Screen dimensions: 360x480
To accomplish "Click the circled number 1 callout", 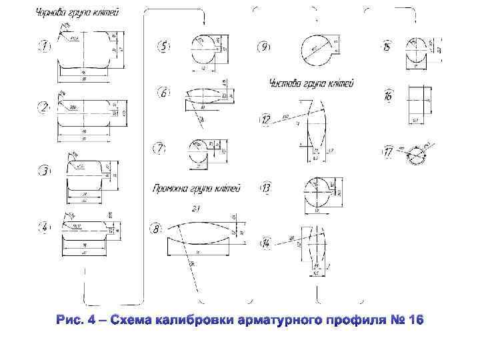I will coord(44,46).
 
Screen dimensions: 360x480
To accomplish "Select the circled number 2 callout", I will coord(44,107).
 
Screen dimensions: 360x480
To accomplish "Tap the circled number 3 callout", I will coord(44,171).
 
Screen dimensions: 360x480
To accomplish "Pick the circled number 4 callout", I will coord(44,227).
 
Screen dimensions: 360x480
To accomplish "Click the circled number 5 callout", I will coord(164,46).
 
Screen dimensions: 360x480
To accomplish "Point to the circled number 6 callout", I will coord(164,93).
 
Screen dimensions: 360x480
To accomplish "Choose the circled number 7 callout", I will coord(160,149).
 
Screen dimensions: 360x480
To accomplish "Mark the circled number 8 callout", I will coord(157,229).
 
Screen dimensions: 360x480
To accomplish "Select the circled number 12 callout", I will coord(266,120).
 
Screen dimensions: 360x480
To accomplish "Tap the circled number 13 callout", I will coord(266,189).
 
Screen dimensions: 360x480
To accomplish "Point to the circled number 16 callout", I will coord(388,97).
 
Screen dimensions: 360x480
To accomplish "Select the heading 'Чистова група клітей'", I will coord(311,83).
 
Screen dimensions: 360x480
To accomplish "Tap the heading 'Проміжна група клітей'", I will coord(196,187).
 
